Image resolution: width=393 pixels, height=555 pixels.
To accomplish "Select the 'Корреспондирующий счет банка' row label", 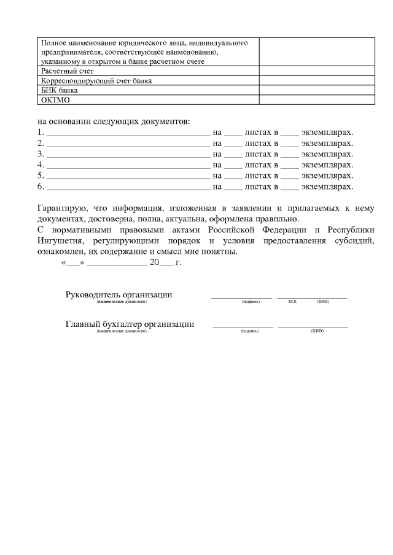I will [x=96, y=80].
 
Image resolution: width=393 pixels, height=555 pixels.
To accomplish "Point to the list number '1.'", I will [x=41, y=132].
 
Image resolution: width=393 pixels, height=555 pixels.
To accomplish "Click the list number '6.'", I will [x=41, y=186].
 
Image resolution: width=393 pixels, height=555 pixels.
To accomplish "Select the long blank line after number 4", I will [x=128, y=165].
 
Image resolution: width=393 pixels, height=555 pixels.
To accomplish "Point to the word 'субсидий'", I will [x=354, y=241].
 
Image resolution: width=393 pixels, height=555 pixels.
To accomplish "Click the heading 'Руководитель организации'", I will [x=119, y=294].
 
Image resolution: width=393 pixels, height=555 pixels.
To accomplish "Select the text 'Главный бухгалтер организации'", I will [x=130, y=324].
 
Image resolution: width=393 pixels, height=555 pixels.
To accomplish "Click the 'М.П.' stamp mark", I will [x=292, y=302].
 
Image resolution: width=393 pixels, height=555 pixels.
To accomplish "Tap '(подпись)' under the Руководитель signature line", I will [x=251, y=302].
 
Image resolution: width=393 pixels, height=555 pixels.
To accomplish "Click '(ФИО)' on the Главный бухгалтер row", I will [x=317, y=331].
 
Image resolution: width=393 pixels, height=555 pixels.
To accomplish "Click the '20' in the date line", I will [x=154, y=262].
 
